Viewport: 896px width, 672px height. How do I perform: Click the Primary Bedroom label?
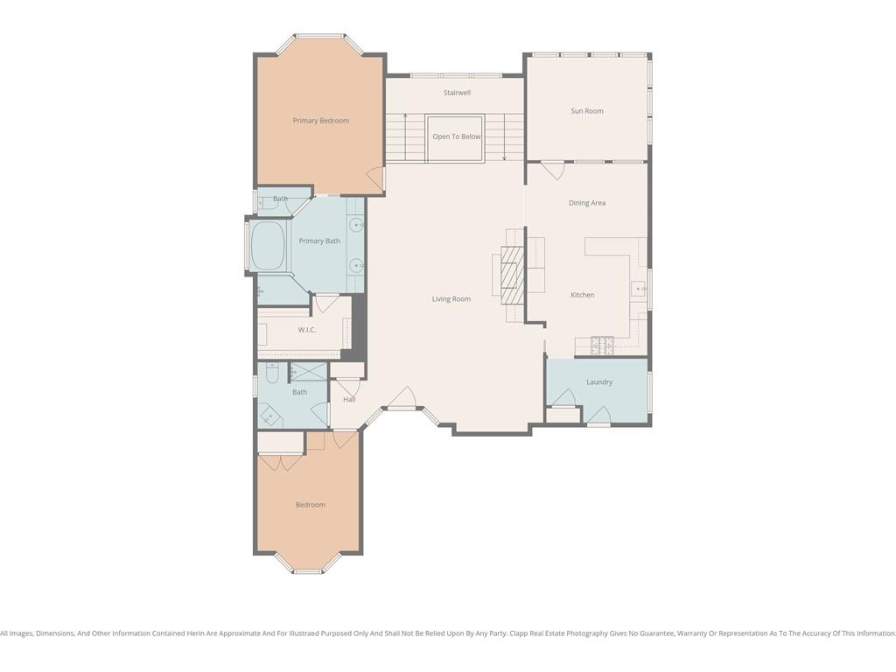(x=320, y=121)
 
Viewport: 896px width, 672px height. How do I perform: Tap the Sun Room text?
(x=587, y=111)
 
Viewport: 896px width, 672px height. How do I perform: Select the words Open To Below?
(x=457, y=136)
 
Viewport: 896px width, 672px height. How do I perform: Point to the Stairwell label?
(x=457, y=93)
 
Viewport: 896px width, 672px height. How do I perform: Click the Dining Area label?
(x=587, y=203)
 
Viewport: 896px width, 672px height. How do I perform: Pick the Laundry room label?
(x=599, y=381)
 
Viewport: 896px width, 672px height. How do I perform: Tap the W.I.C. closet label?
(x=307, y=330)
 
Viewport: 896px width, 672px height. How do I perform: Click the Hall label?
(x=349, y=399)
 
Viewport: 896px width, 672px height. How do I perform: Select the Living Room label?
(x=451, y=299)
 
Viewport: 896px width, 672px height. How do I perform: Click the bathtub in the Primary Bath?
(x=268, y=246)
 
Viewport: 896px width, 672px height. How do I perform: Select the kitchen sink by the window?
(x=638, y=289)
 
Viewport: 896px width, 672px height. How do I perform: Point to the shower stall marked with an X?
(x=309, y=371)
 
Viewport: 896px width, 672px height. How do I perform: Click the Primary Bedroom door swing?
(x=375, y=178)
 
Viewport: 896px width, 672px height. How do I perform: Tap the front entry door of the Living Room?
(x=402, y=398)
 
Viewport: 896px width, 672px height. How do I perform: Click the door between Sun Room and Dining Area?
(x=553, y=171)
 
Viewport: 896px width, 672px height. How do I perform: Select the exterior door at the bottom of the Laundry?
(x=598, y=416)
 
